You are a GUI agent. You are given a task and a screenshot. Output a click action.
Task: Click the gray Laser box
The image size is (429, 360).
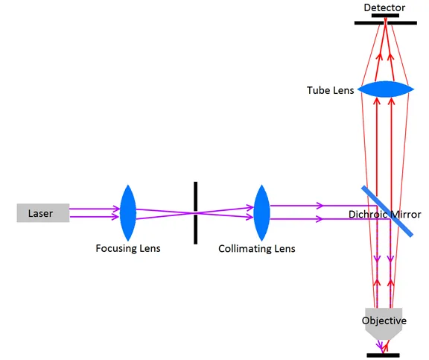tap(43, 212)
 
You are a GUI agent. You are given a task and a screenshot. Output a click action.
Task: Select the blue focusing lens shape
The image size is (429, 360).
tap(128, 212)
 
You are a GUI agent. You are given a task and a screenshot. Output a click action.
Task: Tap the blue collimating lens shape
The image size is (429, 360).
tap(262, 212)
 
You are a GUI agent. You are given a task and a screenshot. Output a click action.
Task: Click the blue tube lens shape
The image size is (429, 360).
tap(386, 89)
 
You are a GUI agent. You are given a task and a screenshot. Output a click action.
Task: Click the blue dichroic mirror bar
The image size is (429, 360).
tap(387, 211)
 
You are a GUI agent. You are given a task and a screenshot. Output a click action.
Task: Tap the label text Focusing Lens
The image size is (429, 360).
tap(128, 248)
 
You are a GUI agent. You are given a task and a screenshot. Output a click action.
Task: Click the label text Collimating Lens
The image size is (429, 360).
tap(257, 249)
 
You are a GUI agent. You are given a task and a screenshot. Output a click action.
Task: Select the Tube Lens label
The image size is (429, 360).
tap(330, 90)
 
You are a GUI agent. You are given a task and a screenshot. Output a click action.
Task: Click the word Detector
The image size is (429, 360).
tap(384, 7)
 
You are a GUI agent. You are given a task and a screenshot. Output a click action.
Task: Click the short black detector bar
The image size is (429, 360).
tap(385, 16)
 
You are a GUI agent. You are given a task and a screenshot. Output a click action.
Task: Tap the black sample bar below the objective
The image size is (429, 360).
tap(383, 356)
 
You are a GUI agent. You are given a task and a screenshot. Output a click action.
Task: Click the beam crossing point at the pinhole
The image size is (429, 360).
tap(195, 212)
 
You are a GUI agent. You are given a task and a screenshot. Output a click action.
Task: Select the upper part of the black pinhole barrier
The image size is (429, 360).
tap(195, 196)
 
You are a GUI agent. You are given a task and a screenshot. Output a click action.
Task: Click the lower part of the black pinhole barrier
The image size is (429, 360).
tap(195, 230)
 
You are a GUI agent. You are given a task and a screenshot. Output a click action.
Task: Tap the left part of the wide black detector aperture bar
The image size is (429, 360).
tap(369, 23)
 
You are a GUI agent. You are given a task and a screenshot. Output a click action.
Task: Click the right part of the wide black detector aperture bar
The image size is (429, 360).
tap(402, 23)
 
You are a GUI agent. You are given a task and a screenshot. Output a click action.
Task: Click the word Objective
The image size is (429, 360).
tap(384, 320)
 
